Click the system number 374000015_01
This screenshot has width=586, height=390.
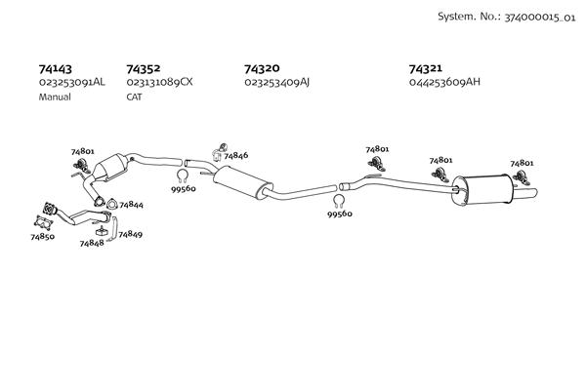click(540, 18)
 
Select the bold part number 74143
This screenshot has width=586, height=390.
click(56, 69)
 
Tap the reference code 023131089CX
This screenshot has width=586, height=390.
click(159, 82)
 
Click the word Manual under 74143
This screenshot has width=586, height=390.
click(55, 97)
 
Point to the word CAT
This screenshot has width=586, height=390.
click(134, 97)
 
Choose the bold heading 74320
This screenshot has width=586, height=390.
click(262, 68)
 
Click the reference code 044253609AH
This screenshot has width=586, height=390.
click(444, 82)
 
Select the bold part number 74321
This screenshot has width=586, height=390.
click(425, 68)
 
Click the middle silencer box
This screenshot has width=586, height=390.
click(243, 181)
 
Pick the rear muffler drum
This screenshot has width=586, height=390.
click(482, 189)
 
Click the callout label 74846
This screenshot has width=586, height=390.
click(235, 156)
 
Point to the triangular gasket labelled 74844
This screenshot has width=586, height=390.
click(111, 204)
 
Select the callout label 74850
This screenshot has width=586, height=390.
click(42, 237)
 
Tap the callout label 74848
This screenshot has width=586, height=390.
click(92, 244)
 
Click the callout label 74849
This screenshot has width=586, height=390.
click(131, 234)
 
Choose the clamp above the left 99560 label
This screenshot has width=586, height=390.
click(182, 175)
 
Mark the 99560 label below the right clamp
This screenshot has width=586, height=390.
click(340, 214)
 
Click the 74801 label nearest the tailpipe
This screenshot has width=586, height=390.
click(522, 163)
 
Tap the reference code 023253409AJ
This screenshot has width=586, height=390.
click(277, 82)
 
